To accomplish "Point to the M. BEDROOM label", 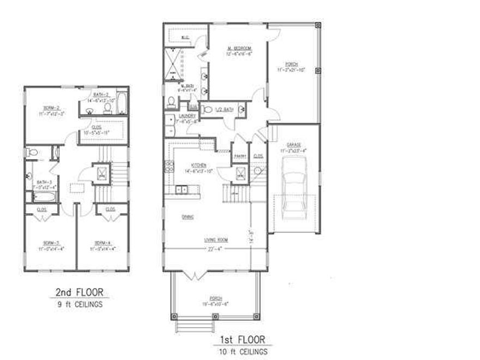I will pyautogui.click(x=239, y=49).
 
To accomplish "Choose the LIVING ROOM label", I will pyautogui.click(x=217, y=239).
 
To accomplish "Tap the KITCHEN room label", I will pyautogui.click(x=197, y=165).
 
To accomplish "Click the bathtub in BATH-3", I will pyautogui.click(x=41, y=196).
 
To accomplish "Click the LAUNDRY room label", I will pyautogui.click(x=187, y=116).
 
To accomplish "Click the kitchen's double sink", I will pyautogui.click(x=182, y=189).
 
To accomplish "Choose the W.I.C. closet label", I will pyautogui.click(x=185, y=37).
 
